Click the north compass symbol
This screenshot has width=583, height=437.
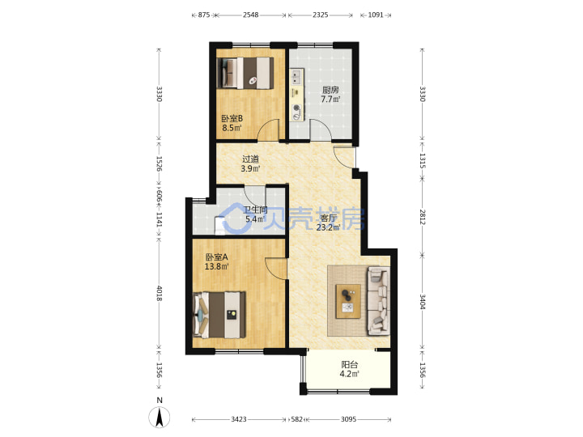coord(160,414)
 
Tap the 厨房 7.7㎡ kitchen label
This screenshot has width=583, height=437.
coord(330,95)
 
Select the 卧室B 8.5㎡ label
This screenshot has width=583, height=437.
coord(232,123)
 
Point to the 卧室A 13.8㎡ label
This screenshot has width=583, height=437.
coord(217,261)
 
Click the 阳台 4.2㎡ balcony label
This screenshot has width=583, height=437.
coord(350,369)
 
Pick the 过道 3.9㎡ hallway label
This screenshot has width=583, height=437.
coord(250,163)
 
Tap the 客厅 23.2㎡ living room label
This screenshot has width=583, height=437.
coord(328,223)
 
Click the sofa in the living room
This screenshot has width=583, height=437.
coord(378,301)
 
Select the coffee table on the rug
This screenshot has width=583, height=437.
coord(348,301)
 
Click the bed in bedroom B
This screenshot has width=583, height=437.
coord(245,73)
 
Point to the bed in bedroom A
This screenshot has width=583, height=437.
coord(219,315)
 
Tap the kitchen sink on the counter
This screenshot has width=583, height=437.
coord(296,77)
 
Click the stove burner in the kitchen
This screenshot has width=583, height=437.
coord(296,108)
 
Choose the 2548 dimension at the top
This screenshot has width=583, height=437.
coord(250,15)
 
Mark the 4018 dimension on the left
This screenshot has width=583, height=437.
coord(160,294)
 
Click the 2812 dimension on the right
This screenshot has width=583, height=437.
coord(423,217)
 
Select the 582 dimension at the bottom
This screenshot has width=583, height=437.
coord(296,419)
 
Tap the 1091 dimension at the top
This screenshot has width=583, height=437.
coord(376,15)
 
